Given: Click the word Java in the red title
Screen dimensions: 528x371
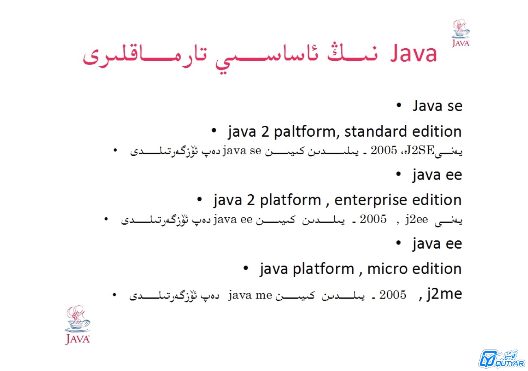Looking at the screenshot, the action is pos(414,54).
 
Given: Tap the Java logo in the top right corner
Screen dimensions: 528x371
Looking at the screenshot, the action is pos(461,33).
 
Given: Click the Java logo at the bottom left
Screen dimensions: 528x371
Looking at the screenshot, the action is pos(78,325).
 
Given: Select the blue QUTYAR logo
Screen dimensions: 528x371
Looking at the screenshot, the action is pos(502,359).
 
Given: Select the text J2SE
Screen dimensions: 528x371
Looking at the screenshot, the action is pos(419,150).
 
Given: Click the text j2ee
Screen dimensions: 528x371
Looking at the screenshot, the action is pos(417,219).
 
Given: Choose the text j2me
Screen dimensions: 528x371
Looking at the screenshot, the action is pos(444,294).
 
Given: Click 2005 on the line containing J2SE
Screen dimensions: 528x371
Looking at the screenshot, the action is pos(384,150).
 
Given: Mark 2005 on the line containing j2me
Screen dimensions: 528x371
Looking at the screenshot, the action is pos(393,294).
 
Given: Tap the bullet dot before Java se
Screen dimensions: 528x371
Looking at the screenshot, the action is pos(398,105).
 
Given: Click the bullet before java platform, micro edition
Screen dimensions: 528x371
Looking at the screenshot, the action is pos(246,268).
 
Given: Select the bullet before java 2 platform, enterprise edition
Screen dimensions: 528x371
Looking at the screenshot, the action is pos(199,199).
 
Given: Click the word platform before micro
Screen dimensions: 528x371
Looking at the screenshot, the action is pos(323,269).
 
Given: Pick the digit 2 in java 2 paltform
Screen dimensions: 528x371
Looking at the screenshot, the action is pos(265,131).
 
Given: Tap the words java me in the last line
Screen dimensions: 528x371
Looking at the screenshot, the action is pos(250,295).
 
